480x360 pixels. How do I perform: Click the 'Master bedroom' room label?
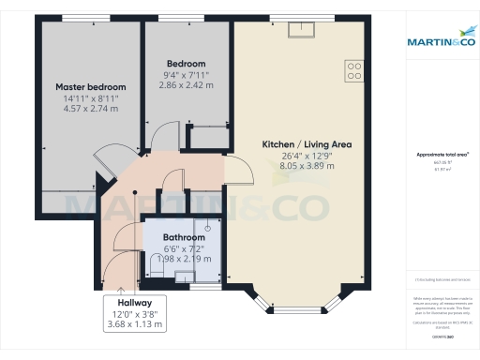[91, 86]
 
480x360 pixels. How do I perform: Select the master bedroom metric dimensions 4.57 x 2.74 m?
[91, 109]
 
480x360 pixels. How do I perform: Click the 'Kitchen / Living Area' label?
[307, 143]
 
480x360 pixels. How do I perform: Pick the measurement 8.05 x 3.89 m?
[307, 166]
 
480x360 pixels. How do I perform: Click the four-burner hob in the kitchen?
[354, 69]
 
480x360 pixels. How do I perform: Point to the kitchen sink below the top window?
[302, 31]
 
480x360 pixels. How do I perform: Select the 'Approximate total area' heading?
[442, 154]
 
